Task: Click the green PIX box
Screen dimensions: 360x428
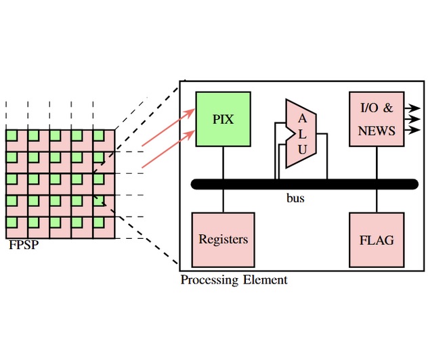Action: click(223, 118)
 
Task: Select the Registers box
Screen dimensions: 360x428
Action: click(223, 239)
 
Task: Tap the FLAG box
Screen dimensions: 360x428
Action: click(376, 239)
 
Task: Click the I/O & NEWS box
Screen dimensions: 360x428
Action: click(376, 118)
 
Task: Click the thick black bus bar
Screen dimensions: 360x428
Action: click(305, 184)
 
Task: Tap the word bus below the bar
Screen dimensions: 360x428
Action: click(295, 199)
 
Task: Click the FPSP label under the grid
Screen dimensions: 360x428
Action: click(23, 245)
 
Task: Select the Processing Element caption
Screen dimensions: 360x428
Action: click(234, 279)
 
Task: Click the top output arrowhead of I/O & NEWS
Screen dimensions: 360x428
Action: click(414, 108)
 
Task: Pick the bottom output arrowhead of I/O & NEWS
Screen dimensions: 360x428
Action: click(414, 131)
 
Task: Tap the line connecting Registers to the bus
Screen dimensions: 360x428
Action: click(223, 201)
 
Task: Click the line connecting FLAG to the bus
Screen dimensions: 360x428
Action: click(376, 201)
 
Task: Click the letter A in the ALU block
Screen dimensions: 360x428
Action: click(302, 118)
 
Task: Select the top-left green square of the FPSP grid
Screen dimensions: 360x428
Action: click(11, 135)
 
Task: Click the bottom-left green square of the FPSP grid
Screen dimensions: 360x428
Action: click(11, 222)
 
